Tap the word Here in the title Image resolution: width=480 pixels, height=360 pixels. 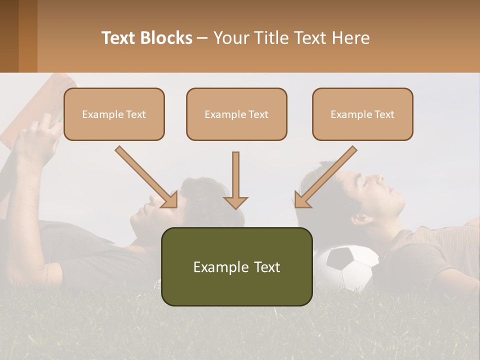[350, 38]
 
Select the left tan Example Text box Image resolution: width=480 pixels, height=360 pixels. [114, 114]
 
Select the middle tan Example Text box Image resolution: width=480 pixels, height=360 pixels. [236, 114]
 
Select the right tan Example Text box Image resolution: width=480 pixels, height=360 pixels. [362, 114]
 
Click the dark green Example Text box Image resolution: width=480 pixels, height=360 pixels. [236, 266]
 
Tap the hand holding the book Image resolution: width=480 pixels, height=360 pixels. [37, 140]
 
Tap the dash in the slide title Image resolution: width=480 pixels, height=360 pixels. [202, 38]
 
